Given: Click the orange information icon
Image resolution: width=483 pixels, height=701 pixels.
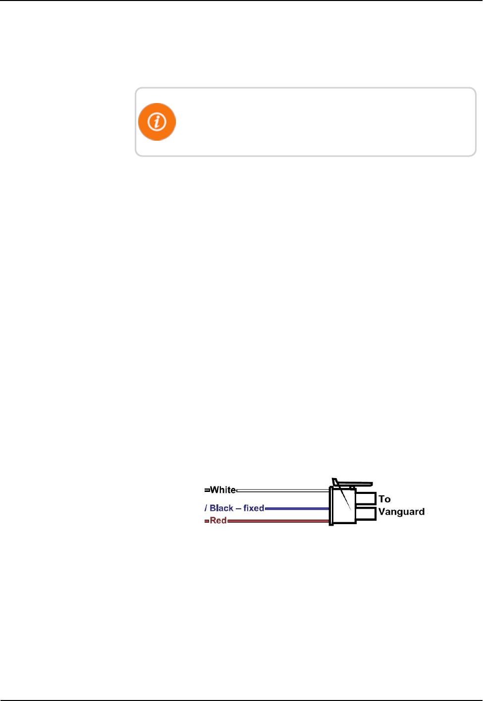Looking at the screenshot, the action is click(157, 122).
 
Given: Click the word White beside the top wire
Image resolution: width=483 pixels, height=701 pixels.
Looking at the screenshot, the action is click(223, 490).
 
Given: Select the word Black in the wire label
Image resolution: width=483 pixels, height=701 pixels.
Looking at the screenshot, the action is click(221, 508).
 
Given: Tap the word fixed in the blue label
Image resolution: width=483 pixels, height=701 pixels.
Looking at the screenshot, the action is click(254, 508).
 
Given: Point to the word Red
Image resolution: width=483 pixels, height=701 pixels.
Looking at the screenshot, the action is click(218, 521).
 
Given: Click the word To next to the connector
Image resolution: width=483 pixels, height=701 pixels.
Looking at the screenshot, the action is click(384, 499).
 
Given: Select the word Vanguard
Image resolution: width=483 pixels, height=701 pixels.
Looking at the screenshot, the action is click(401, 512).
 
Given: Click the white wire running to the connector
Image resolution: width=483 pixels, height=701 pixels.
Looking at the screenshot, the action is click(282, 490).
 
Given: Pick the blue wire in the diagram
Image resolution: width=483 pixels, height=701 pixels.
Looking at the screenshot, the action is click(297, 508).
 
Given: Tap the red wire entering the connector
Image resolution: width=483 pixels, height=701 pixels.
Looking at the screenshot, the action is click(277, 521).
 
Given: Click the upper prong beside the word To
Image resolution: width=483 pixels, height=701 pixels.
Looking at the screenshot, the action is click(366, 498).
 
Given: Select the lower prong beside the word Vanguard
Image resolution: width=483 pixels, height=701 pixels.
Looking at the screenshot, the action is click(366, 513).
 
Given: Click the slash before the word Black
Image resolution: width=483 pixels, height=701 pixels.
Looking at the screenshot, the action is click(206, 508).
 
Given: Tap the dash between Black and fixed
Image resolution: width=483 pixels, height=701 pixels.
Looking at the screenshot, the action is click(238, 508).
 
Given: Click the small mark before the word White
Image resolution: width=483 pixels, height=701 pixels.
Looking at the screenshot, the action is click(207, 490).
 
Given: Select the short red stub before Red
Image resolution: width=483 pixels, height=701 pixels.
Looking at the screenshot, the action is click(207, 521).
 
